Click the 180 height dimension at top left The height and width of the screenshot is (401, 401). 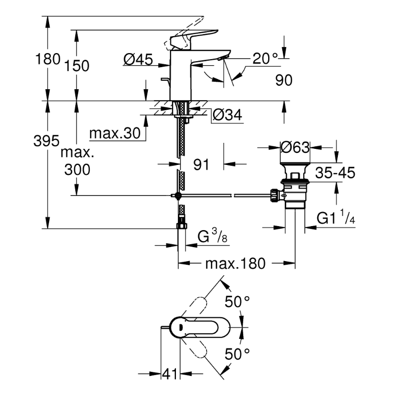coord(48,59)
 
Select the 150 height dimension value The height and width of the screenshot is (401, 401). coord(77,66)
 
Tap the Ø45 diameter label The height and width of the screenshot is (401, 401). coord(138,60)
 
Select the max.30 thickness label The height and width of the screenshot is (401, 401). coord(115,134)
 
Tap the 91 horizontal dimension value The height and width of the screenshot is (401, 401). coord(201,164)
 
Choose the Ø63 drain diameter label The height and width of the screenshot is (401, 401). coord(295,147)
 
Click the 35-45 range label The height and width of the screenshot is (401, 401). coord(335,173)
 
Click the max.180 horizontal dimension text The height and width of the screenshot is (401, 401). coord(235,264)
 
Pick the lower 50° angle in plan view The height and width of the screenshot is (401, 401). coord(237,354)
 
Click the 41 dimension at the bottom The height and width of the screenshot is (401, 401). coord(170,374)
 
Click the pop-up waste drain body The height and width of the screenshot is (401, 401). coord(294,190)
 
